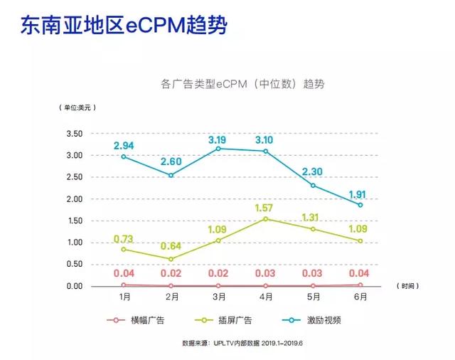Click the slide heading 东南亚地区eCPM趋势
click(x=124, y=27)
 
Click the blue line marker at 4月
click(x=266, y=151)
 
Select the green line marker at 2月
click(x=170, y=259)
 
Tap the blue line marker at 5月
click(x=313, y=186)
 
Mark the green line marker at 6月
click(x=360, y=241)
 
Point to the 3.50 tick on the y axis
click(x=74, y=134)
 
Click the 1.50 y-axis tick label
click(x=74, y=221)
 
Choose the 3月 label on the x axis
click(x=218, y=297)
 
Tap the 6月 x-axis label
click(x=360, y=297)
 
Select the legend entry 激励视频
click(x=325, y=320)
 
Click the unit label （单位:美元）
click(x=77, y=107)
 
